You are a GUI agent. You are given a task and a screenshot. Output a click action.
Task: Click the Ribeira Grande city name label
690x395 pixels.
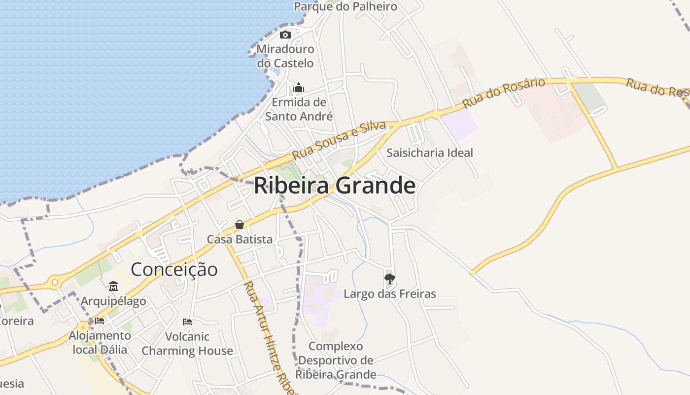335,186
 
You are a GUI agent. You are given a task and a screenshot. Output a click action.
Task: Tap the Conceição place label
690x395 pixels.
174,270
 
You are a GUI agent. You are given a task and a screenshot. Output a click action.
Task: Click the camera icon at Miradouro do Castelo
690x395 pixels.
285,35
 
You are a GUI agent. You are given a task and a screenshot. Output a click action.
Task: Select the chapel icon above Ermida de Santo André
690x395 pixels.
299,88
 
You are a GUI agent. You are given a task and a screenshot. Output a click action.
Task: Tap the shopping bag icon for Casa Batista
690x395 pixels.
240,225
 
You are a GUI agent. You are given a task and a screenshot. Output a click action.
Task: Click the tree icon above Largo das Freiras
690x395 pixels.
389,279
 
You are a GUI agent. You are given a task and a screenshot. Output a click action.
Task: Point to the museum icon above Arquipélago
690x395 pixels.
113,286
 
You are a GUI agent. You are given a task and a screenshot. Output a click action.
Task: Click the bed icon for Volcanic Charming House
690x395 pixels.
187,321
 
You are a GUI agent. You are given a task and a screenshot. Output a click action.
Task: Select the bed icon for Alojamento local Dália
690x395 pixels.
100,320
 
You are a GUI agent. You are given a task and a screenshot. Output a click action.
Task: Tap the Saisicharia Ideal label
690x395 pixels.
429,153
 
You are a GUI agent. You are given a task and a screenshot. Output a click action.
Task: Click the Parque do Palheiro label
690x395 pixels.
345,6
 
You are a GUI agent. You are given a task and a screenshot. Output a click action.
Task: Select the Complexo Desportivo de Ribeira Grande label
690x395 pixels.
336,360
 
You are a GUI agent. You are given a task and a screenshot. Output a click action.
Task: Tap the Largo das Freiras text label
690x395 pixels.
389,294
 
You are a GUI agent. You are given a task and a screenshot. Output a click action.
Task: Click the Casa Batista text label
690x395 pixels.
240,239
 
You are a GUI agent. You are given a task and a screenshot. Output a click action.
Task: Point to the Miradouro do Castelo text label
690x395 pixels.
285,56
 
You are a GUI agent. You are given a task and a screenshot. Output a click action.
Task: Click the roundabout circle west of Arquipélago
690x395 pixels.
55,283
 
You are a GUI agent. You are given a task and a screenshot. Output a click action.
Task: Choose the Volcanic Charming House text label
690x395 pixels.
187,344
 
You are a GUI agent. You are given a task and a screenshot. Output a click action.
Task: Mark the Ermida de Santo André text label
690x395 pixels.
299,109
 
